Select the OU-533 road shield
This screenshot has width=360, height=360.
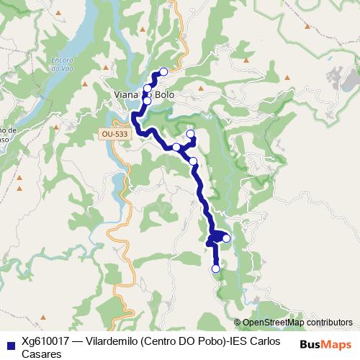point(113,133)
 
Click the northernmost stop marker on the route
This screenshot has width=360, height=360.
point(163,71)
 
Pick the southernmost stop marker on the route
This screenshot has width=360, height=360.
point(215,269)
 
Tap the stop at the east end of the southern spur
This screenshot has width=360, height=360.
point(226,238)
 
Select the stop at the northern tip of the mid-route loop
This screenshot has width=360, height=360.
point(191,134)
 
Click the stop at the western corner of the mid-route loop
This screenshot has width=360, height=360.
point(176,147)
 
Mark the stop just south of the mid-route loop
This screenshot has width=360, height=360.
point(193,161)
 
